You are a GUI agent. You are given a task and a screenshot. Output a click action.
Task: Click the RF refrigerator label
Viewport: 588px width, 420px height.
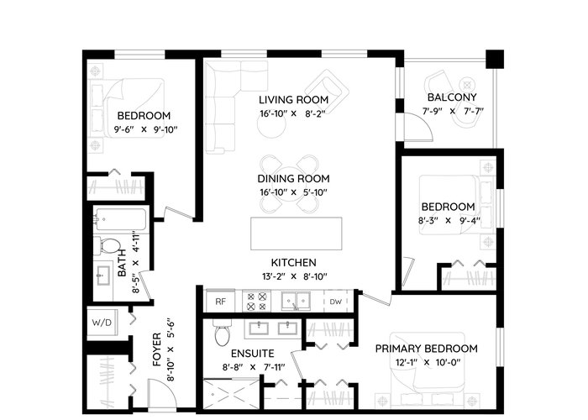(x=220, y=301)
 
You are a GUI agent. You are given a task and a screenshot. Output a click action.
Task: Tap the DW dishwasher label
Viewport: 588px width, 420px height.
(x=336, y=302)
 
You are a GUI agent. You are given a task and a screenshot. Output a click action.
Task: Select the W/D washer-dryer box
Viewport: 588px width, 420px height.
(x=102, y=323)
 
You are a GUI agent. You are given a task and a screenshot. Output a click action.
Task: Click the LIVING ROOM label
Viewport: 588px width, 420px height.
(x=294, y=100)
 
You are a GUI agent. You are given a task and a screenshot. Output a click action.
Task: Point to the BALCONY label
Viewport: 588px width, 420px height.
(x=452, y=97)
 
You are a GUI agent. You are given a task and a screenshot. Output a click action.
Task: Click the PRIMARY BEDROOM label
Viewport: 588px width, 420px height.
(x=427, y=349)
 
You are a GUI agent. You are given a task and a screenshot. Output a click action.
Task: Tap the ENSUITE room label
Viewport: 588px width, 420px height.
(x=252, y=354)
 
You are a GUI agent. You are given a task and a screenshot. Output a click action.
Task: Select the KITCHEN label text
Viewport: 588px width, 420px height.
(x=294, y=262)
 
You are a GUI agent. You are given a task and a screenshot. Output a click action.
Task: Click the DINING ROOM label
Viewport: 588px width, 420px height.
(x=294, y=178)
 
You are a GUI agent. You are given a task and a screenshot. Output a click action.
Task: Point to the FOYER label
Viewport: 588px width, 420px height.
(x=157, y=349)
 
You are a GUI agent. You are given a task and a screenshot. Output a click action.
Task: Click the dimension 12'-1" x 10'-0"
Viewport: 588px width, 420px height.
(x=428, y=363)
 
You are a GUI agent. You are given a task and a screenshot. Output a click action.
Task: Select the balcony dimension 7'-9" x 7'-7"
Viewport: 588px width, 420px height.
(x=453, y=111)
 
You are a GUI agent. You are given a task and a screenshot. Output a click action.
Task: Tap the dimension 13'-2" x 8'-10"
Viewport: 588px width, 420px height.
(x=294, y=276)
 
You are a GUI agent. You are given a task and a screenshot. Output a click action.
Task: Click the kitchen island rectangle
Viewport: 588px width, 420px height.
(x=297, y=234)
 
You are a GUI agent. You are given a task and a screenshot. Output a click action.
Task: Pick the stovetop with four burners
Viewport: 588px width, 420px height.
(x=256, y=302)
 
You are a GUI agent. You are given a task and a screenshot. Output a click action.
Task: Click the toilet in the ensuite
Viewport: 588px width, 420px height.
(x=222, y=333)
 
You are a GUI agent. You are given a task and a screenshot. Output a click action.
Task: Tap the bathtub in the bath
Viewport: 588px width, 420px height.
(x=119, y=219)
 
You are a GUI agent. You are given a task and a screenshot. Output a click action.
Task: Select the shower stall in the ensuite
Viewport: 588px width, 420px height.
(x=231, y=394)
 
